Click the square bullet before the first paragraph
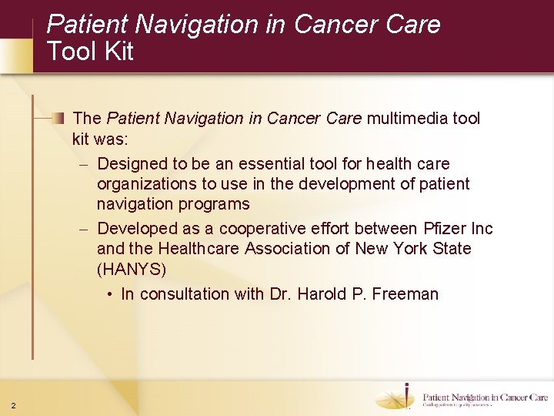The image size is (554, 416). pos(59,118)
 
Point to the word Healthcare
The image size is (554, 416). pos(199,248)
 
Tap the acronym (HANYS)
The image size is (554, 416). pos(131,269)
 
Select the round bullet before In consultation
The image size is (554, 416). pos(111,294)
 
